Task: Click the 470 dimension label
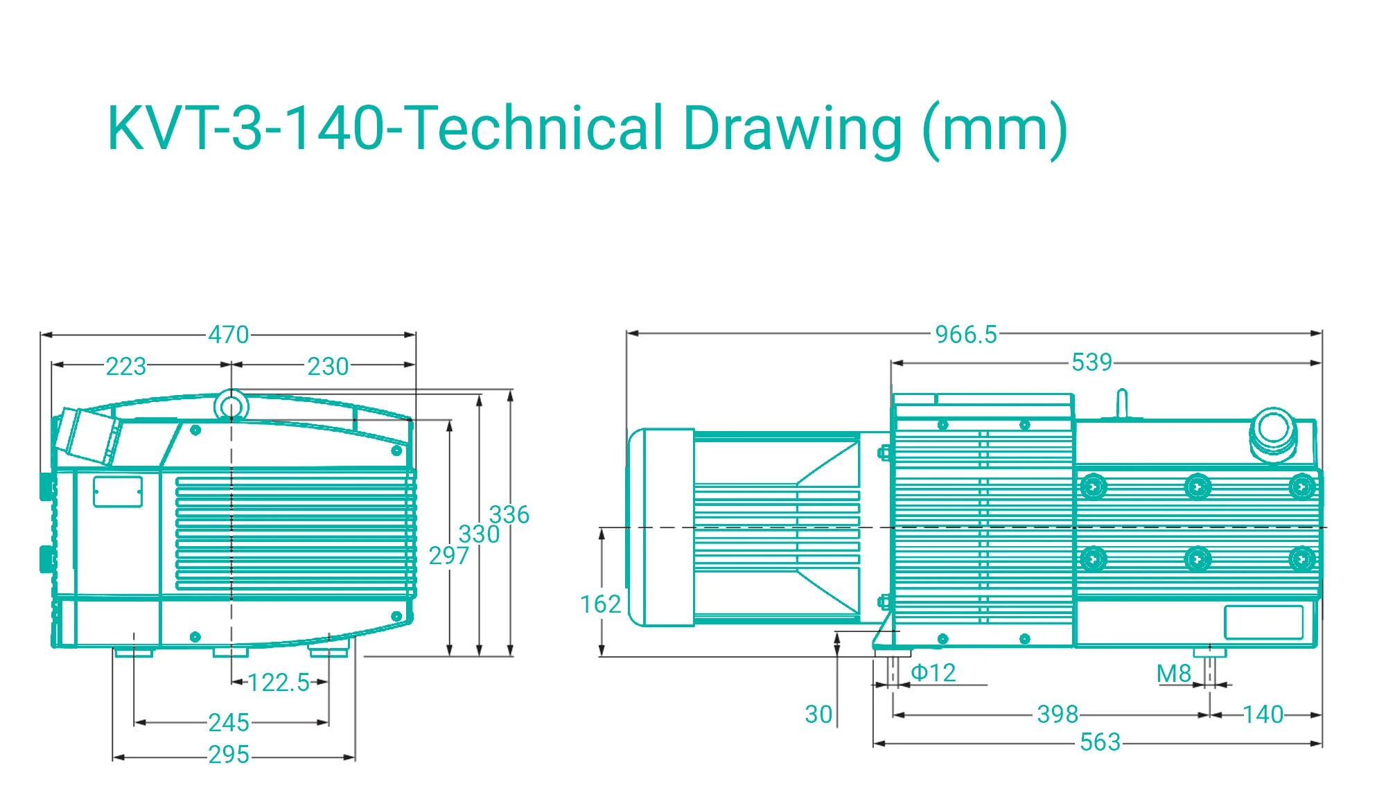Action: [229, 335]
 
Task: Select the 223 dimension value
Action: [126, 366]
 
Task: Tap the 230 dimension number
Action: [328, 366]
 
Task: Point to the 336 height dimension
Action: [509, 515]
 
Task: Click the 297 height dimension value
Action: [449, 556]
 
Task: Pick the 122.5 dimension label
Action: [279, 683]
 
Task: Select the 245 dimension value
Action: [229, 723]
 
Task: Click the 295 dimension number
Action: [229, 755]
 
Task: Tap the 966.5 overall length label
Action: [966, 335]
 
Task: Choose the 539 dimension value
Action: [1092, 362]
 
